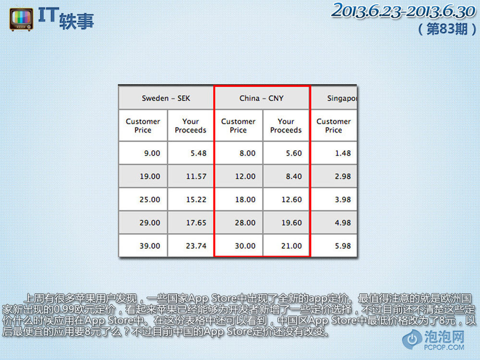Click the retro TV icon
(x=21, y=20)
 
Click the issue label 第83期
(x=447, y=29)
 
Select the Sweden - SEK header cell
(x=166, y=98)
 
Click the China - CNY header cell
(x=262, y=98)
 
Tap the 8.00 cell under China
(x=239, y=153)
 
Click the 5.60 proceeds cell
(x=286, y=153)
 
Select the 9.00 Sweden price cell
(x=143, y=153)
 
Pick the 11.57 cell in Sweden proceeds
(x=191, y=176)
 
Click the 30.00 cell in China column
(x=239, y=246)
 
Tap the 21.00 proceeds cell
(x=286, y=246)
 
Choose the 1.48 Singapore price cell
(x=334, y=153)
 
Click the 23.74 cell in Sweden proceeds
(x=191, y=246)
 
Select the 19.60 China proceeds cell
(x=286, y=223)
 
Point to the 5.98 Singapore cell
(x=334, y=246)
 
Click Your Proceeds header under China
(x=286, y=126)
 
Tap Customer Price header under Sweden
(x=143, y=126)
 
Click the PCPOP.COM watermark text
(x=444, y=347)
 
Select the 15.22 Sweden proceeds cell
(x=191, y=200)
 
